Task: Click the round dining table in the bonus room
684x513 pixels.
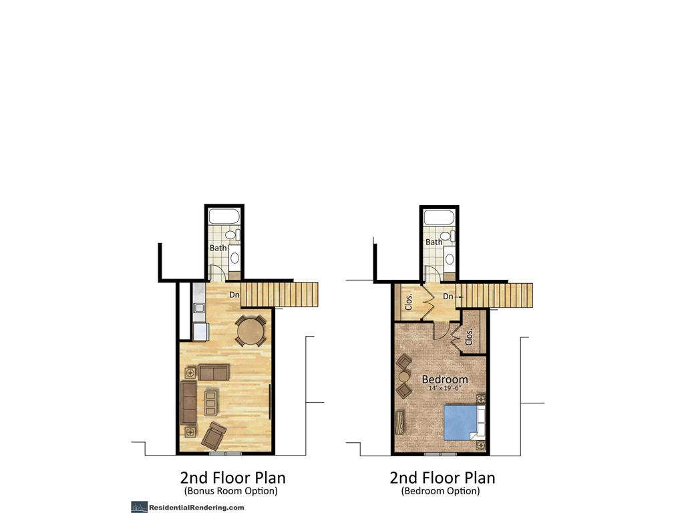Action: click(250, 330)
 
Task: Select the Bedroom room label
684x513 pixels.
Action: click(445, 379)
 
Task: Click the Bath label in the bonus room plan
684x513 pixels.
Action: click(218, 248)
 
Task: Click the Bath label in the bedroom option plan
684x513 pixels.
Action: click(434, 242)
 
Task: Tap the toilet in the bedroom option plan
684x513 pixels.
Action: click(449, 236)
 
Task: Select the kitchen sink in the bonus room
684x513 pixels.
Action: click(199, 308)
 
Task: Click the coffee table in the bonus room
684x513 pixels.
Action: click(211, 403)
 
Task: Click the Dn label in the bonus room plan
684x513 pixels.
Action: click(234, 294)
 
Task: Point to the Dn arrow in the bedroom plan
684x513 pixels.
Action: click(460, 297)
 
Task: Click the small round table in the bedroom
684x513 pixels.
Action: click(403, 376)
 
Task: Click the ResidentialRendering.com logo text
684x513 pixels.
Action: click(196, 507)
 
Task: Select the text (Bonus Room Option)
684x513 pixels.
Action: click(230, 491)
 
